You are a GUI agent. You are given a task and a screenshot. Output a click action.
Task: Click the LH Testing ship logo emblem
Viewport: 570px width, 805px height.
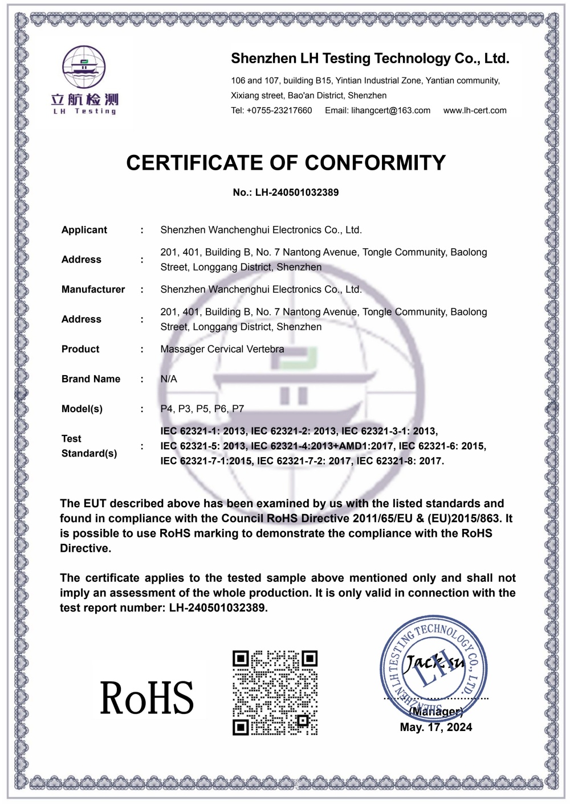84,67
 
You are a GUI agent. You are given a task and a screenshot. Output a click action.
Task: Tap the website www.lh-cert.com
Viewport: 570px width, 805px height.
475,110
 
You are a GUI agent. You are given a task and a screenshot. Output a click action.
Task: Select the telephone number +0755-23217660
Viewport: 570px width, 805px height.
279,110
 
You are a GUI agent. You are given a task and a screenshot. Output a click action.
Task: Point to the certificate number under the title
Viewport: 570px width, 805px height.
286,192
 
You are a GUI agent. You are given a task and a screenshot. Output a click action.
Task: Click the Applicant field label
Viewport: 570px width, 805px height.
84,230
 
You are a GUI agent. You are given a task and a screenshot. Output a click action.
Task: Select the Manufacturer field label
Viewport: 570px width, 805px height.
93,289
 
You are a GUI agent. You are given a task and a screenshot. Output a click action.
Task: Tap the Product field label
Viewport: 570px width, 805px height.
80,349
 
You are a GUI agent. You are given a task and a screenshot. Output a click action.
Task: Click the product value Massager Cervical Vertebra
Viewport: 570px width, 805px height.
222,349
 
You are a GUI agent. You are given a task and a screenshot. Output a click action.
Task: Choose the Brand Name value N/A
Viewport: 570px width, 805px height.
169,379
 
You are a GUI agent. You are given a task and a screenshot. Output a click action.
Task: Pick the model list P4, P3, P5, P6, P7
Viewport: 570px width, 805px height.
202,409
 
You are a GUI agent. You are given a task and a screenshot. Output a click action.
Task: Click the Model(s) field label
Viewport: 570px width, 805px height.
82,409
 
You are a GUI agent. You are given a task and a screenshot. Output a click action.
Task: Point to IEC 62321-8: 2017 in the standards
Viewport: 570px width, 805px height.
400,461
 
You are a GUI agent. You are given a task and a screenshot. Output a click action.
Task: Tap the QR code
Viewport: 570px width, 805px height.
275,692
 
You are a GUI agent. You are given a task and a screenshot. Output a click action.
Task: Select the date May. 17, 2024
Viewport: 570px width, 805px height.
436,727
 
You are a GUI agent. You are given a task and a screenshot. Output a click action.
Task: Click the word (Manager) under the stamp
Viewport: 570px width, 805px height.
436,712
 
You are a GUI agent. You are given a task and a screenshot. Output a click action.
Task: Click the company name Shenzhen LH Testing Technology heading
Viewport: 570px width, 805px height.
370,59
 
